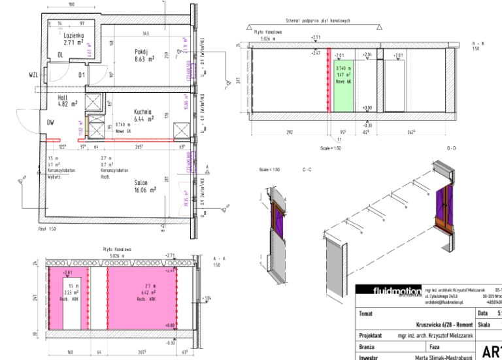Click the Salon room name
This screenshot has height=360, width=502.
click(x=142, y=182)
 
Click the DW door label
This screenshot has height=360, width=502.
click(x=50, y=122)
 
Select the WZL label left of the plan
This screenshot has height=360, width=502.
click(x=33, y=76)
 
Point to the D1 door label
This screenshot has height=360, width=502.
click(x=82, y=75)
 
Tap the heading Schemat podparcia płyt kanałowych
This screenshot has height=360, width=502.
click(x=318, y=21)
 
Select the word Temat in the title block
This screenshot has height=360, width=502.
click(x=366, y=314)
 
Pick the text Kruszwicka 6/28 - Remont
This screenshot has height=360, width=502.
click(x=443, y=323)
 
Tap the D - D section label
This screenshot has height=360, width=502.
click(x=451, y=149)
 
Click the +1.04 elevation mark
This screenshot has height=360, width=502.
click(x=208, y=299)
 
